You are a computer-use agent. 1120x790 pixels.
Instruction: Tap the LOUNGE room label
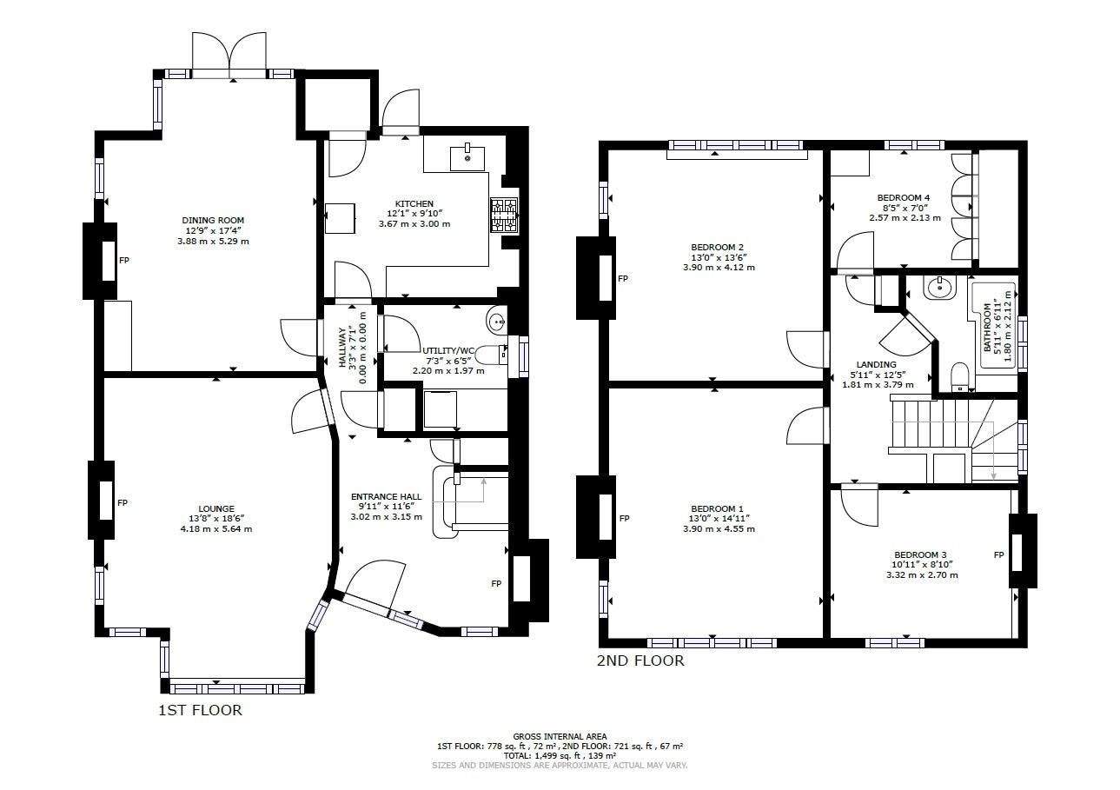[x=216, y=509]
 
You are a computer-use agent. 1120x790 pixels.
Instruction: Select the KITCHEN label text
[x=414, y=204]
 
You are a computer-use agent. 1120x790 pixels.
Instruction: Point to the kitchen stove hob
[x=503, y=216]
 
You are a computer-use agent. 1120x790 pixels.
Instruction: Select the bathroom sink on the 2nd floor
[x=938, y=288]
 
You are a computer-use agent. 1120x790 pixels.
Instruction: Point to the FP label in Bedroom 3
[x=998, y=554]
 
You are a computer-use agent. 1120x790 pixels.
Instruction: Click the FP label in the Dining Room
[x=123, y=260]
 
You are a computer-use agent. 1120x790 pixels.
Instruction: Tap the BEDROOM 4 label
[x=903, y=198]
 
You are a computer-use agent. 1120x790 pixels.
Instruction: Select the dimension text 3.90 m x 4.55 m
[x=719, y=528]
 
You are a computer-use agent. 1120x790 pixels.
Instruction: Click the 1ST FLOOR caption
[x=199, y=711]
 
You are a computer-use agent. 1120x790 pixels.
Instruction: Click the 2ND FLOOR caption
[x=640, y=661]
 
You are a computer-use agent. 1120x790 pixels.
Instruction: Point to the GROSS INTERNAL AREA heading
[x=560, y=736]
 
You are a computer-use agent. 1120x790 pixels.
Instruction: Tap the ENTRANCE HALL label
[x=386, y=497]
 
